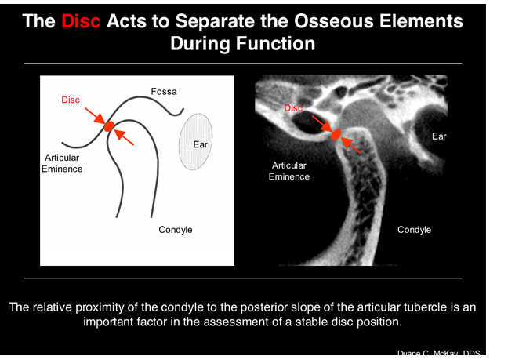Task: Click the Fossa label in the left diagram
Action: tap(164, 92)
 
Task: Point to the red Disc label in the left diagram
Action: tap(71, 100)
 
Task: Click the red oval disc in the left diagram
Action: tap(109, 125)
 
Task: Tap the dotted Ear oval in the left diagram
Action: tap(197, 141)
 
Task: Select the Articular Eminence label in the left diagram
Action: tap(62, 163)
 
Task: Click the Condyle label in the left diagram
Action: tap(176, 230)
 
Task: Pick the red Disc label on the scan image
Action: tap(293, 108)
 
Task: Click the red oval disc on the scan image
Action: tap(336, 135)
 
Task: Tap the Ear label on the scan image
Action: tap(439, 136)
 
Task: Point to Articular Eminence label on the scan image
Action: tap(289, 171)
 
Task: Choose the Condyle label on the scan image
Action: tap(414, 230)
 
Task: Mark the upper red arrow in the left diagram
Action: tap(96, 115)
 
